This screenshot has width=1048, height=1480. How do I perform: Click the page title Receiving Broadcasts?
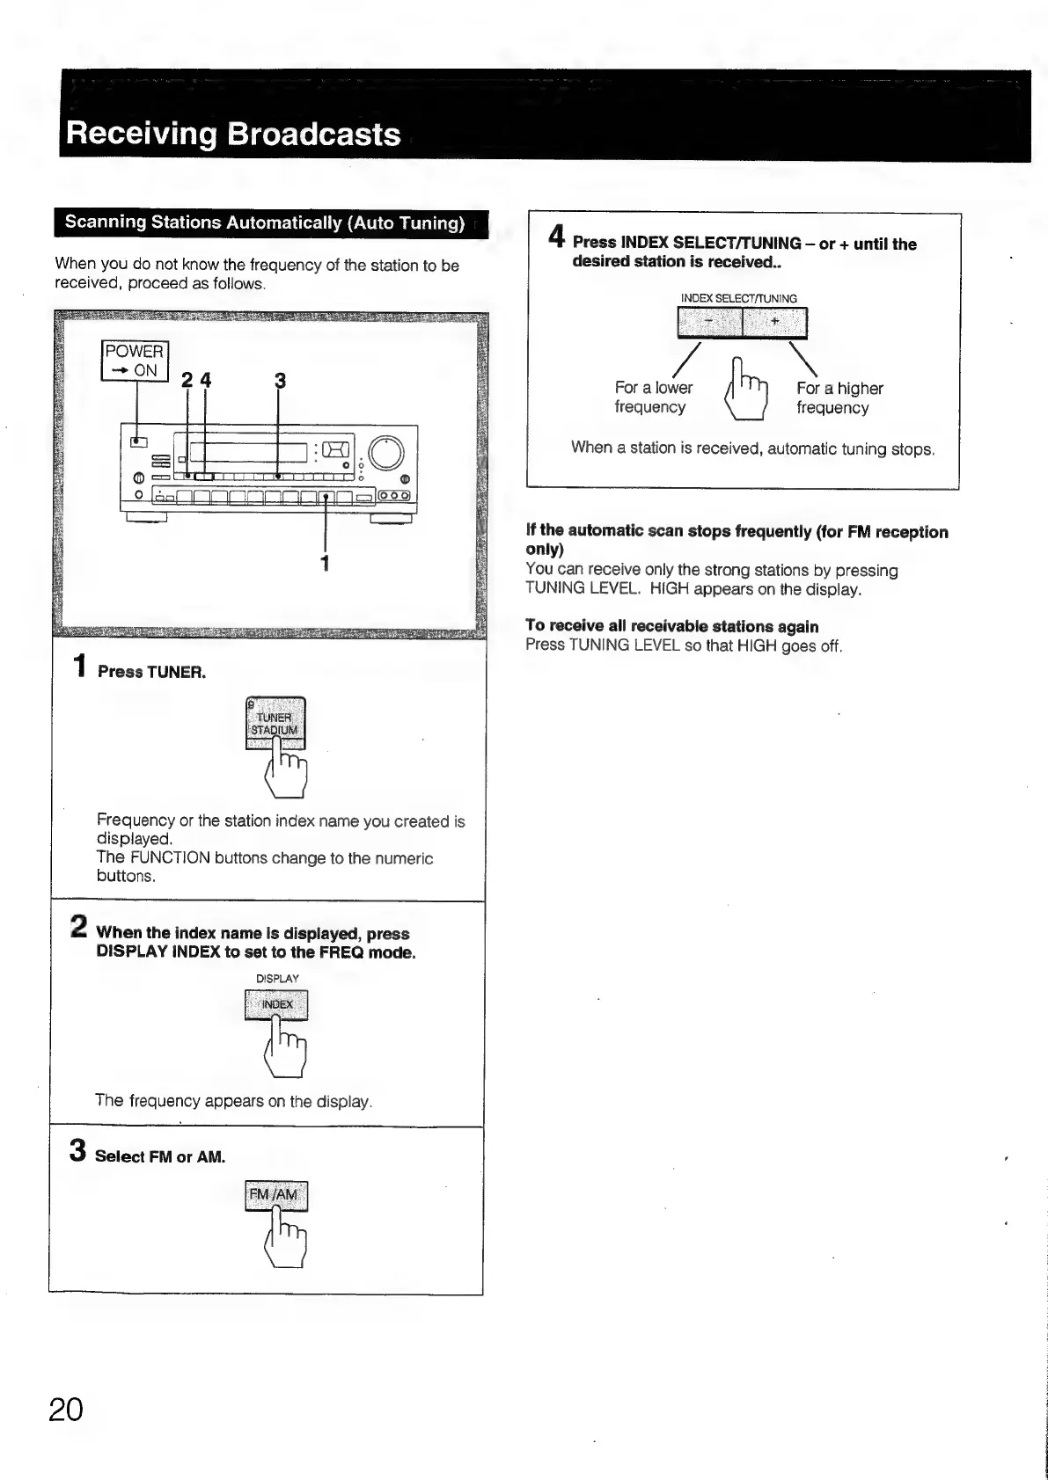pos(233,134)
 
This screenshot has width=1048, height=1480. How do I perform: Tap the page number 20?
pos(66,1410)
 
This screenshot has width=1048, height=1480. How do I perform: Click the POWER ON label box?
pos(134,361)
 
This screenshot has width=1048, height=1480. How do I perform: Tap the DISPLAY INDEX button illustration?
pos(276,1004)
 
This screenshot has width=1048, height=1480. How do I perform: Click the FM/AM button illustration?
pos(276,1195)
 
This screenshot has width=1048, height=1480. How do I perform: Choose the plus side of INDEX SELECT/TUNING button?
pos(774,323)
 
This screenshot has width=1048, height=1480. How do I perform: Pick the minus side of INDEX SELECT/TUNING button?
pos(710,323)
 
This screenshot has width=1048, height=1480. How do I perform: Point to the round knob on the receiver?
pos(386,454)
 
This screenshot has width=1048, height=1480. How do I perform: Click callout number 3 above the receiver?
pos(280,381)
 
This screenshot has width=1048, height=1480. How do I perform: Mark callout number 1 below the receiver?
pos(325,563)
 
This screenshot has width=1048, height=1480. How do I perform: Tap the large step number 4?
pos(556,237)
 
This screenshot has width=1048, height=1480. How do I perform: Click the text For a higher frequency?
pos(839,397)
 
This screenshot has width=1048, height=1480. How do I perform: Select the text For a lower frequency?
pos(653,397)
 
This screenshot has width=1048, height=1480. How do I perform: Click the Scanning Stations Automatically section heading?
pos(265,222)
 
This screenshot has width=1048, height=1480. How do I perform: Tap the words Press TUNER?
pos(151,672)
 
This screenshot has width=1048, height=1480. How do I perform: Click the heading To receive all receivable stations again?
pos(671,626)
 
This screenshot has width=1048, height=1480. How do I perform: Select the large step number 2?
pos(78,927)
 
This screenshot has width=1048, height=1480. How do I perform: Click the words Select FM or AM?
pos(159,1156)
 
